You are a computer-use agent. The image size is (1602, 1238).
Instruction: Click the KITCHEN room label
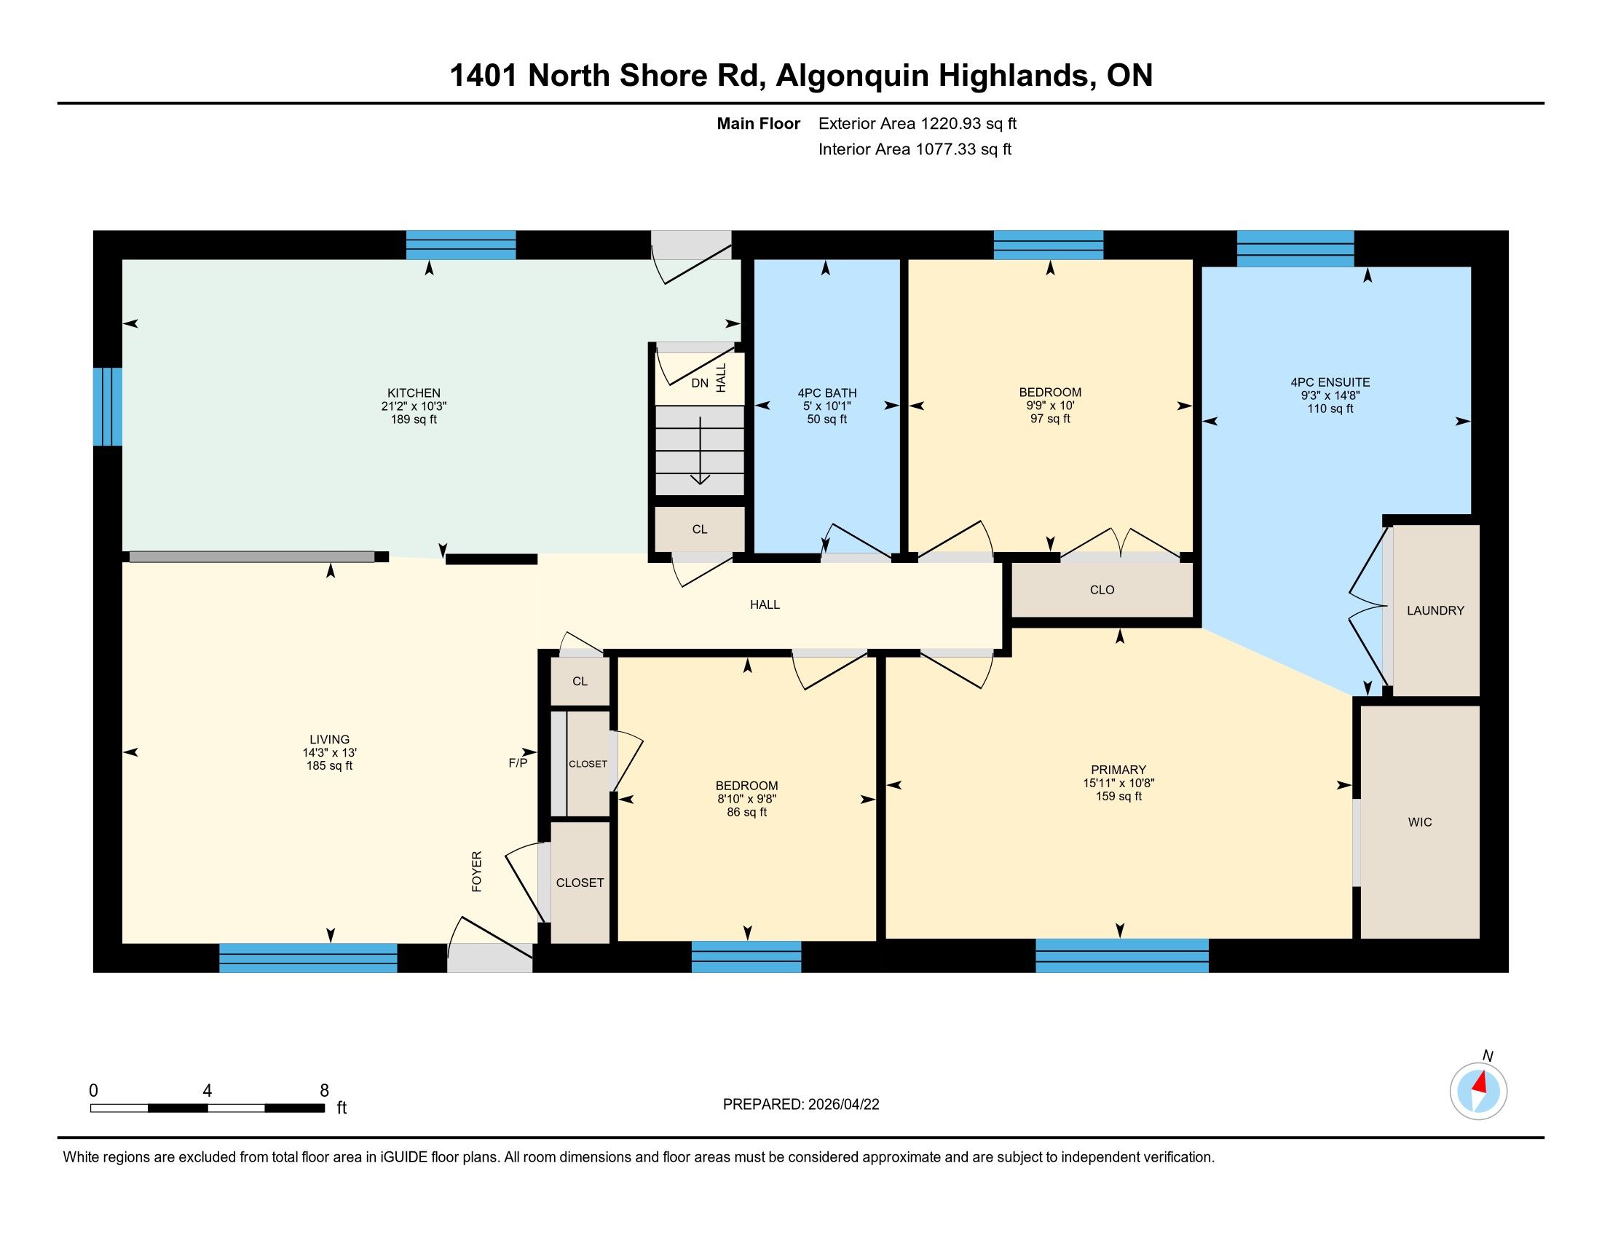click(414, 393)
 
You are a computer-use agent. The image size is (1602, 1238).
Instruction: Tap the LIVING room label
click(329, 739)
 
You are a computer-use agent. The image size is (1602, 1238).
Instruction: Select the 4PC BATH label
click(827, 393)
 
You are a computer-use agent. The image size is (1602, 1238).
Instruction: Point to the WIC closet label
click(1420, 822)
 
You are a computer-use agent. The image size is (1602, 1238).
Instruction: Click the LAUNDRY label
click(1435, 610)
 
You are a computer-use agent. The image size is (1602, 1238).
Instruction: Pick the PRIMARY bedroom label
click(1118, 769)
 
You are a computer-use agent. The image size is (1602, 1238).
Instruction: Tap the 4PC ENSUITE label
click(1330, 382)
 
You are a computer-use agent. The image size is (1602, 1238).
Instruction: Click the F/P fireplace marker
click(518, 762)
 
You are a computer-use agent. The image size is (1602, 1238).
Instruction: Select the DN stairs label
click(700, 383)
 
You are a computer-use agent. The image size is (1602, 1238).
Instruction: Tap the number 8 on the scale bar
click(324, 1091)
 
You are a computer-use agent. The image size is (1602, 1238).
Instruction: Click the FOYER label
click(477, 871)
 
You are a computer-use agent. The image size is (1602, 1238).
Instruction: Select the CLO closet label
click(1102, 590)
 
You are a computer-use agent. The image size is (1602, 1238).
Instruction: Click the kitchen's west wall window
click(107, 406)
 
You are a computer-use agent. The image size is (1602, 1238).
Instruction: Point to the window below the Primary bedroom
click(1121, 955)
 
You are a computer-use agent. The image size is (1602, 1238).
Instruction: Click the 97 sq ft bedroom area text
click(1050, 419)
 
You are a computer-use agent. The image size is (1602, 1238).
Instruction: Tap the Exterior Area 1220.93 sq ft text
click(918, 123)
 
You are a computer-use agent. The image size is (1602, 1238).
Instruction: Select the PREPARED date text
click(801, 1105)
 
